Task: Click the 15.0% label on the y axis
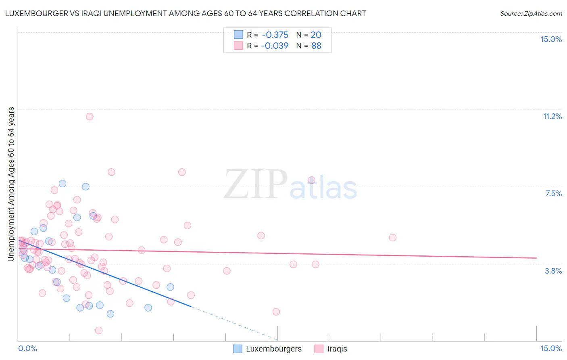click(x=551, y=39)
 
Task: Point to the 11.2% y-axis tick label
click(x=552, y=116)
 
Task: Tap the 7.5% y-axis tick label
click(x=553, y=193)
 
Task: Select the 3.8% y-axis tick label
click(x=553, y=271)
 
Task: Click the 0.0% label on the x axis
click(x=27, y=348)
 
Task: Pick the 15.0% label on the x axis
click(x=551, y=348)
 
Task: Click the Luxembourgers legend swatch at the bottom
click(x=238, y=349)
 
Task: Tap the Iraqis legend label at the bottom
click(x=337, y=349)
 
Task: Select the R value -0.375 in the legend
click(x=275, y=35)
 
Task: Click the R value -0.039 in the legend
click(x=275, y=46)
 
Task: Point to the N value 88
click(x=316, y=46)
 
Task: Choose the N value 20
click(x=316, y=35)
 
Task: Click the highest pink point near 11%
click(x=90, y=117)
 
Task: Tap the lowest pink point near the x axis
click(x=99, y=331)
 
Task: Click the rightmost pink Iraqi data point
click(x=392, y=238)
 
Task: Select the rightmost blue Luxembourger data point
click(x=170, y=287)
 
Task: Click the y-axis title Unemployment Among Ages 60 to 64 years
click(x=11, y=184)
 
